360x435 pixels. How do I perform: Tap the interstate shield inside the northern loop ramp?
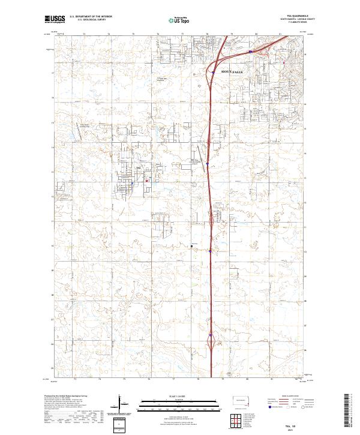(x=212, y=73)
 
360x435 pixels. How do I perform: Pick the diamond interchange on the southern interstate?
(x=211, y=342)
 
